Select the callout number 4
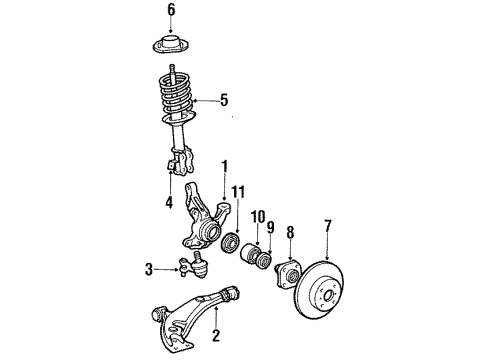[169, 202]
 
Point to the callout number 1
[225, 165]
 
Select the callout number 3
[148, 269]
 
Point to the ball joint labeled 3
[192, 265]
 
